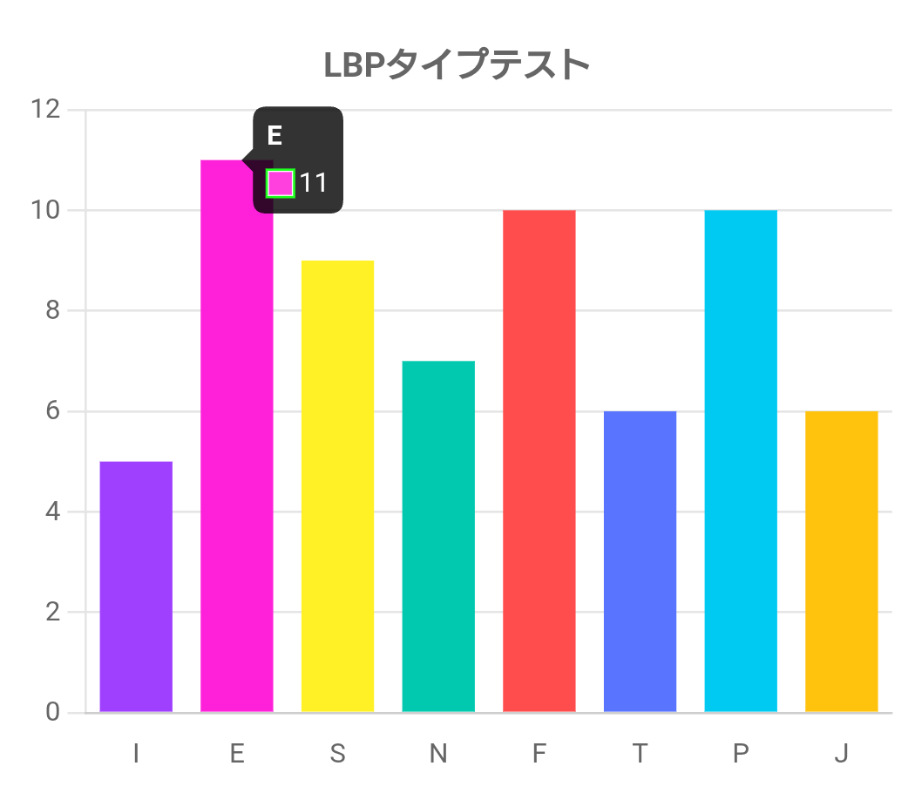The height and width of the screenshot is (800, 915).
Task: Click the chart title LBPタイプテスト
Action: (457, 65)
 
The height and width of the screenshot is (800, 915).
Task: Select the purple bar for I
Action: (136, 586)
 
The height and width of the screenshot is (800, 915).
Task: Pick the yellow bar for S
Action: (337, 486)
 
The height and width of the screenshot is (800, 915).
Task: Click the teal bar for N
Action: (438, 536)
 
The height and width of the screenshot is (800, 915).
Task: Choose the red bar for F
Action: (539, 461)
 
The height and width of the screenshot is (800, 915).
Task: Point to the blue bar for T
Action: (640, 561)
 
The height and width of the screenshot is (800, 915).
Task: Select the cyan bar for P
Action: (741, 461)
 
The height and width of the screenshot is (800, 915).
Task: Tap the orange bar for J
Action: (841, 561)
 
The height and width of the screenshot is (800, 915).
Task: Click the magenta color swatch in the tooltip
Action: (281, 183)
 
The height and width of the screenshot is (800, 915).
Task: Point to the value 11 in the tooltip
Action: (313, 183)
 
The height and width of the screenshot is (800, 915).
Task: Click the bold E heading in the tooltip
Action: (274, 135)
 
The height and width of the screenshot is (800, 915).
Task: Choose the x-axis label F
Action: (539, 754)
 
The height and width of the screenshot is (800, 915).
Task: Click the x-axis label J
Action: (841, 754)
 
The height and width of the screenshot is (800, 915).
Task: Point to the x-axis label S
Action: (337, 754)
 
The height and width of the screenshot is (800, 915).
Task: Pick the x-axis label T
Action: (640, 754)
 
